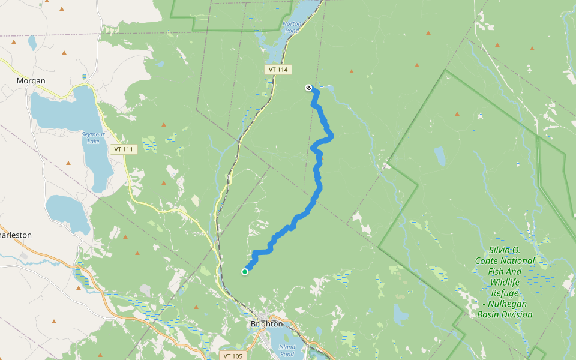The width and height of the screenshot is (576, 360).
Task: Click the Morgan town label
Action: click(31, 80)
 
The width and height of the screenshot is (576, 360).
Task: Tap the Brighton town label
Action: click(266, 323)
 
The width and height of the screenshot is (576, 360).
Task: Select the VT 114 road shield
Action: click(278, 70)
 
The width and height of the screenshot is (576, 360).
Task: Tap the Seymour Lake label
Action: click(93, 137)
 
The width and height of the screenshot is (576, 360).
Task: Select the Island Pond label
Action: click(287, 350)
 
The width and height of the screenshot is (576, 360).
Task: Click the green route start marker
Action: click(245, 272)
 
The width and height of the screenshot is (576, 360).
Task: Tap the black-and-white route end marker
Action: click(308, 88)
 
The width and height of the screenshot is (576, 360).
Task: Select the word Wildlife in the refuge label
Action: click(505, 282)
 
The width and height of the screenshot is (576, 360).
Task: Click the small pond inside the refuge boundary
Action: click(440, 156)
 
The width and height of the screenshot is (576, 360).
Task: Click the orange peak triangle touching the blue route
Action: click(322, 158)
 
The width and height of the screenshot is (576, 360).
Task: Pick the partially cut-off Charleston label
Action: click(16, 235)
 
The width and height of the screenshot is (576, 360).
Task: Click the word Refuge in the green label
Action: click(504, 293)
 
